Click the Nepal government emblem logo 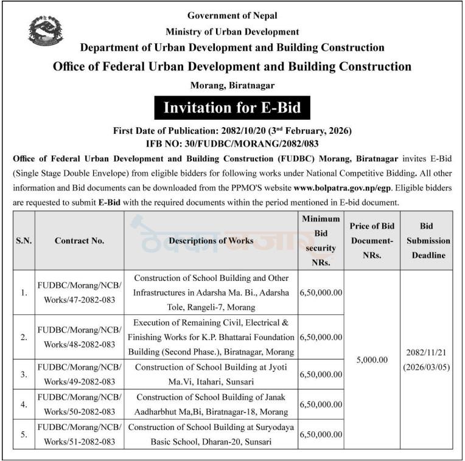click(x=46, y=31)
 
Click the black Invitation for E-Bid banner click(x=232, y=108)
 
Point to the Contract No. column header click(x=79, y=241)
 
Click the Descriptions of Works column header click(x=211, y=241)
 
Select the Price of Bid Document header click(x=372, y=241)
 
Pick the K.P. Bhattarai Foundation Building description click(x=211, y=336)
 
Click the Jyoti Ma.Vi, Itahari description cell click(x=211, y=374)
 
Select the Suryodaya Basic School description click(x=211, y=434)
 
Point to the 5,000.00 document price click(x=372, y=360)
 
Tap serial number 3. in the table click(x=24, y=375)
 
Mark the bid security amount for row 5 click(x=320, y=434)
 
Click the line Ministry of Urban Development click(x=232, y=32)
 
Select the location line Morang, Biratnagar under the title click(x=232, y=85)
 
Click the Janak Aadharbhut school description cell click(x=211, y=404)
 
